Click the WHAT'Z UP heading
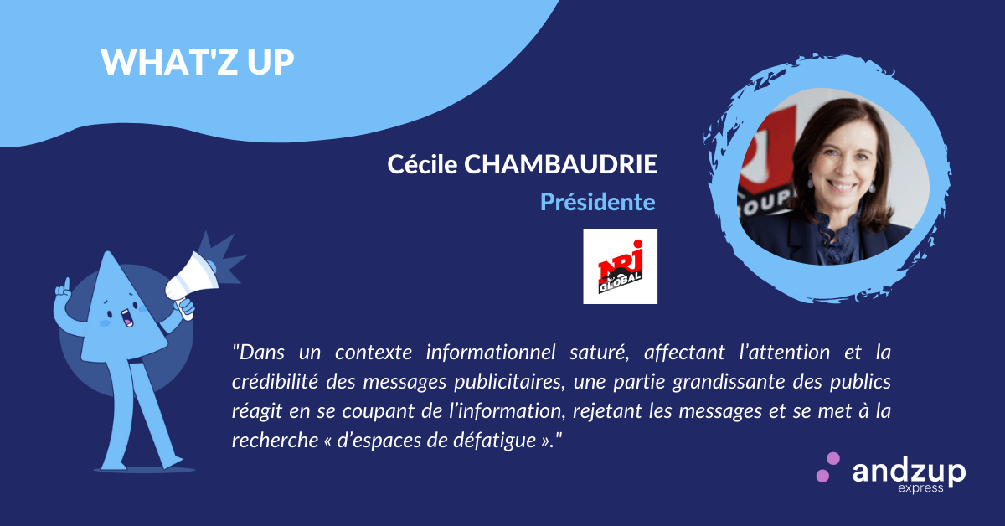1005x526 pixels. click(x=198, y=61)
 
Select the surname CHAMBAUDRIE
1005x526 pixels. click(x=561, y=164)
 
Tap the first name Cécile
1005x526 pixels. click(x=422, y=164)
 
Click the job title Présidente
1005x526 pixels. click(x=598, y=202)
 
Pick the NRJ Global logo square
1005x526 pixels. click(x=620, y=266)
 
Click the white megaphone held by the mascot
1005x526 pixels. click(x=192, y=283)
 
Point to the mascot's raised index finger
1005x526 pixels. click(x=66, y=285)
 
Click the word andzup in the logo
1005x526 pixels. click(x=909, y=472)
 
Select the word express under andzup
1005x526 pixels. click(x=920, y=488)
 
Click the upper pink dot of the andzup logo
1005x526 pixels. click(x=832, y=459)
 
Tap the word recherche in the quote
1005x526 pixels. click(x=275, y=441)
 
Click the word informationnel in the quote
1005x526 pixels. click(x=492, y=353)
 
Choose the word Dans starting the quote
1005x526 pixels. click(x=259, y=353)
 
